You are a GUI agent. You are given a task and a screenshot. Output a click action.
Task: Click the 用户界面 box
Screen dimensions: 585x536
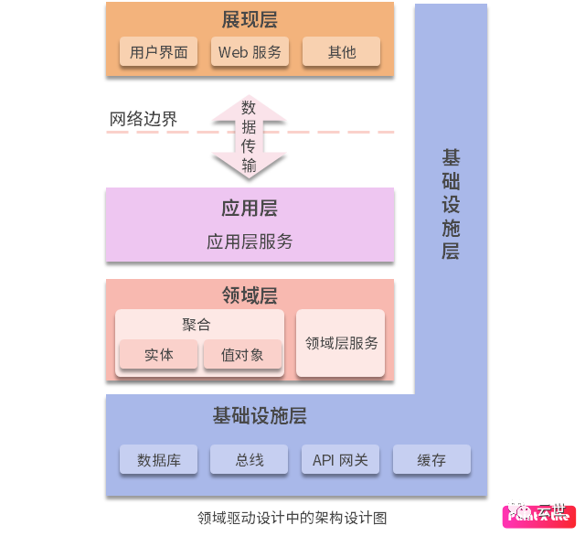point(158,52)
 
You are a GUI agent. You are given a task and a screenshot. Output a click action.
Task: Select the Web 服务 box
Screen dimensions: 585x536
point(250,52)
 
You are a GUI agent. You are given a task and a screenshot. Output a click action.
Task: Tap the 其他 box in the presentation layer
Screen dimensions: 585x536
point(341,52)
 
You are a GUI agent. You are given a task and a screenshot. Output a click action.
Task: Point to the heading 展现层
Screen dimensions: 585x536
point(249,19)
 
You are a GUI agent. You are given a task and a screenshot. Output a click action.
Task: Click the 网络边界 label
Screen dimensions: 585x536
point(144,119)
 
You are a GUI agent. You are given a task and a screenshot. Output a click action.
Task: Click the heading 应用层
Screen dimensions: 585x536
point(249,209)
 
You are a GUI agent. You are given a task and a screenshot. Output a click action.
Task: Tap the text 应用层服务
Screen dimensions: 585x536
point(250,241)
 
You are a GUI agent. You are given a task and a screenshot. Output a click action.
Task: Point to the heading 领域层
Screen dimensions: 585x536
point(250,295)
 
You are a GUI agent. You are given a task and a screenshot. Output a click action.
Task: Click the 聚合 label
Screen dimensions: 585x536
point(196,325)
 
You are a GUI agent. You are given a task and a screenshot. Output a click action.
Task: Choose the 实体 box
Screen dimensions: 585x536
point(158,355)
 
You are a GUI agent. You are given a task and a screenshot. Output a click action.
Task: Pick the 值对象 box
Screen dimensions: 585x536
point(242,355)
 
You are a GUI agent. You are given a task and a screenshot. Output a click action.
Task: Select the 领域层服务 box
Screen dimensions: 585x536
point(341,343)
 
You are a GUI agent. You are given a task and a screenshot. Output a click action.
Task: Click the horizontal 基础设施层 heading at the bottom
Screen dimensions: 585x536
point(260,416)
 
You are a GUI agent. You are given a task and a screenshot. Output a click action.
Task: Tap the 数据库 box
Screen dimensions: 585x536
point(158,460)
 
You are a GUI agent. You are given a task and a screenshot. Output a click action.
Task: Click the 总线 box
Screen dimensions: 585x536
point(249,460)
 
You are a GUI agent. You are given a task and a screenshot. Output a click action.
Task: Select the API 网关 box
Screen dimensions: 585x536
point(340,460)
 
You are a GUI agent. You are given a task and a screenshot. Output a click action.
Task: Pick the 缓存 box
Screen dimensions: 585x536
point(431,460)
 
